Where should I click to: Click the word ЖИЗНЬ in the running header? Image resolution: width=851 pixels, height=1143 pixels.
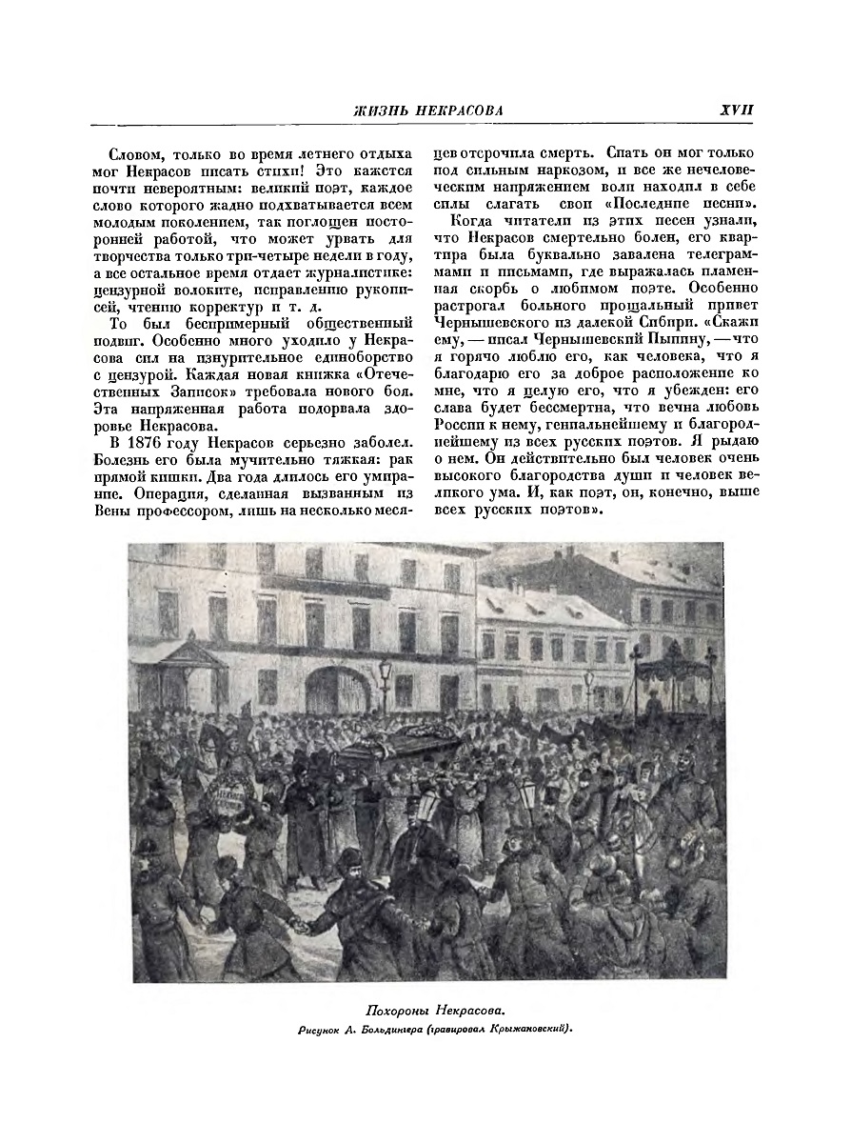pyautogui.click(x=376, y=110)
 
